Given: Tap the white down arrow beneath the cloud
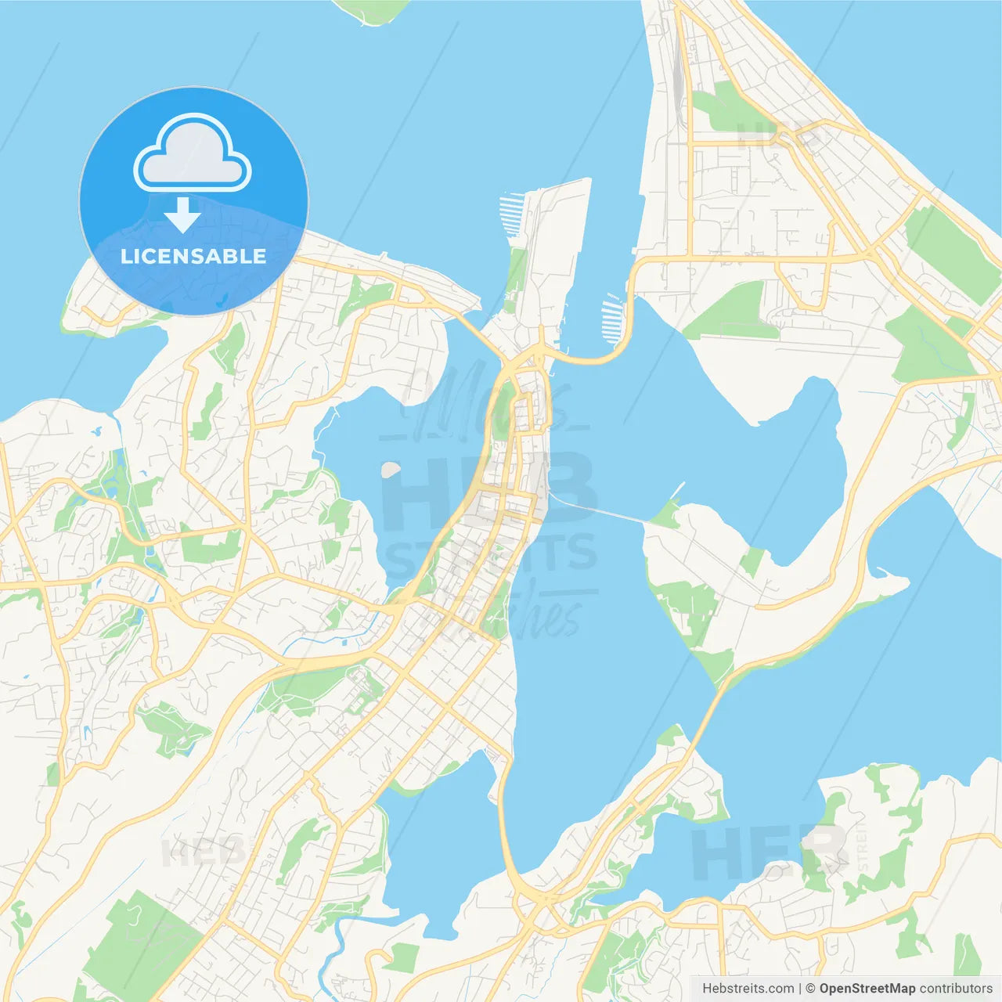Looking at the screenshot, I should click(182, 215).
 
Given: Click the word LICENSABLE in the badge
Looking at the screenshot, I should click(193, 256).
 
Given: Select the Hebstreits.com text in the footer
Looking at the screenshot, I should click(748, 989).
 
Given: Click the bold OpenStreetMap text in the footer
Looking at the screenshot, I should click(867, 989).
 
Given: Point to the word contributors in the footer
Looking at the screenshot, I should click(955, 989).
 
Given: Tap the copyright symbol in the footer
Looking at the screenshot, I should click(810, 989).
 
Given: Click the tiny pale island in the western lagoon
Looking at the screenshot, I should click(389, 470).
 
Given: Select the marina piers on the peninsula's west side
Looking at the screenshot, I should click(510, 215).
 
